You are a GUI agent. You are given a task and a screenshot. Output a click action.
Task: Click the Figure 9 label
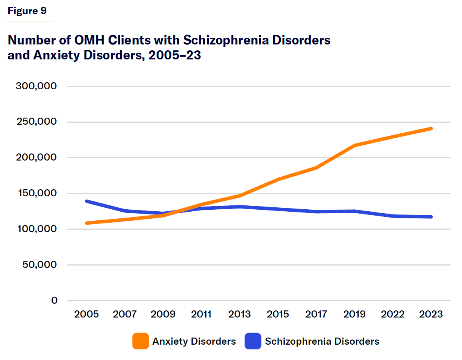coord(27,11)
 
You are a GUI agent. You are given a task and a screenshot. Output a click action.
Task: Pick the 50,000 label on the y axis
coord(40,265)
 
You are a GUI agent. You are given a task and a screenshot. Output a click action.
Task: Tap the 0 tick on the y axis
coord(54,301)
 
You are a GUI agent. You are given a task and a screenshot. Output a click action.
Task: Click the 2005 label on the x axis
coord(86,314)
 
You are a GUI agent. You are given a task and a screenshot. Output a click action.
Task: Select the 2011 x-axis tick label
coord(201,314)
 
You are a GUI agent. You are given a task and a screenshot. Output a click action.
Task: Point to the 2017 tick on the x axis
coord(316,314)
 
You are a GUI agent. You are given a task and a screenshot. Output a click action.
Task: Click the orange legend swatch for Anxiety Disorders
coord(141,341)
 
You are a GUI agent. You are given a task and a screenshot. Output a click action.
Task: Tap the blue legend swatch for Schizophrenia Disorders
coord(253,341)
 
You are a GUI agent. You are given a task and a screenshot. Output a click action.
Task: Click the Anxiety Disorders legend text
coord(194,341)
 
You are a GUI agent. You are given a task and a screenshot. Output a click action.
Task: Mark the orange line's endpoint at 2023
coord(431,129)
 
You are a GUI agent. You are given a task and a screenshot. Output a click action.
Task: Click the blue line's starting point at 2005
coord(87,201)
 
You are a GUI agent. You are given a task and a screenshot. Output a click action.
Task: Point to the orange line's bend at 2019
coord(355,146)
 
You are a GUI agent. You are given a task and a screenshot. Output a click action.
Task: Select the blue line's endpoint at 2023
coord(431,217)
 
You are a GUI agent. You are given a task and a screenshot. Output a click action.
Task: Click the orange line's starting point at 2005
coord(87,223)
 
